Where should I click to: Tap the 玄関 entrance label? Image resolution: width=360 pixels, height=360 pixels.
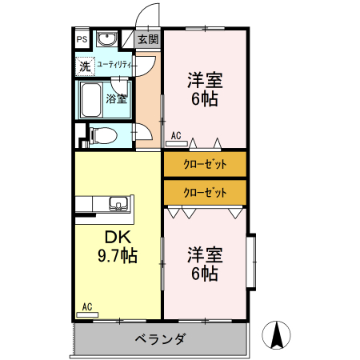point(147,38)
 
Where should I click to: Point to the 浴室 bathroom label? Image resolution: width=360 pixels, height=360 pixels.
point(117,99)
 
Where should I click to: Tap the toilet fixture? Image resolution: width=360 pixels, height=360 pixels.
point(102,135)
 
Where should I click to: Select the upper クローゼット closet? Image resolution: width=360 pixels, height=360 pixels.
point(205,164)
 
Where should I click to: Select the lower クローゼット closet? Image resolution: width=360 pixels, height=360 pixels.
point(205,192)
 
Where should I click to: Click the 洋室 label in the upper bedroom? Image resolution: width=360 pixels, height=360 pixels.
point(205,81)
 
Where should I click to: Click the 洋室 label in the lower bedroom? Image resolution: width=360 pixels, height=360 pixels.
point(205,255)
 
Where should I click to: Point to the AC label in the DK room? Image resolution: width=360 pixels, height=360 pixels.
point(87,306)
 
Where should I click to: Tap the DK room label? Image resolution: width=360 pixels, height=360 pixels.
point(117,238)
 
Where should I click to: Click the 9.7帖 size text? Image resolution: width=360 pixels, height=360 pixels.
point(117,256)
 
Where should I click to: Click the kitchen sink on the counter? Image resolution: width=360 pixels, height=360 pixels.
point(119,204)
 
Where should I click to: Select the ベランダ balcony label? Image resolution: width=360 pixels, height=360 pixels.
point(161,339)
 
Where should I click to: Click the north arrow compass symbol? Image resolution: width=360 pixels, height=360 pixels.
point(278,334)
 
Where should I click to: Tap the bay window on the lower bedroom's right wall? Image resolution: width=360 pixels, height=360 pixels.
point(250,261)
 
